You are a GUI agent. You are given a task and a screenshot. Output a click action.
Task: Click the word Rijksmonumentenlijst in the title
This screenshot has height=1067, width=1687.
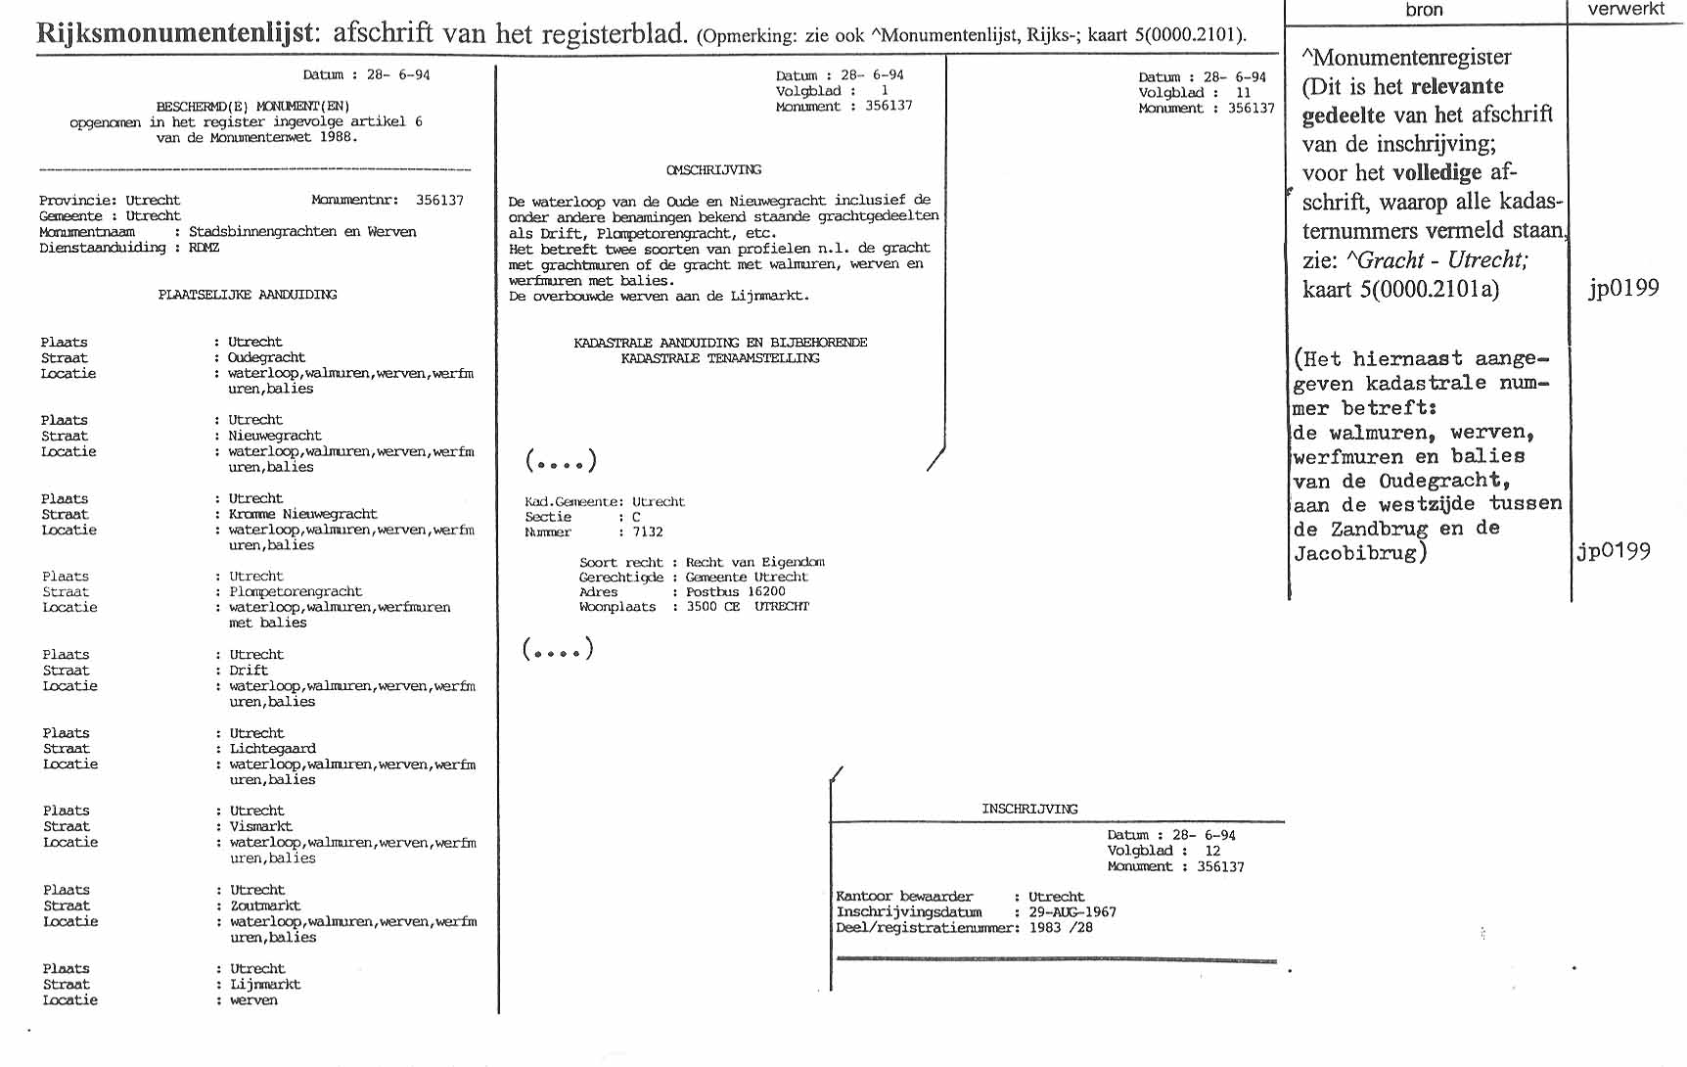(176, 33)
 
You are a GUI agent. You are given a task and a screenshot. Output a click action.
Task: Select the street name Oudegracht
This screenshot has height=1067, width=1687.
(266, 357)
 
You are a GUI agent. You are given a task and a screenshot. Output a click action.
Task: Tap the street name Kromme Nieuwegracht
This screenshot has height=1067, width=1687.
(302, 514)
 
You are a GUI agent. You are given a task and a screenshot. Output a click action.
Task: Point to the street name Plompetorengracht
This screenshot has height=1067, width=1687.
(296, 591)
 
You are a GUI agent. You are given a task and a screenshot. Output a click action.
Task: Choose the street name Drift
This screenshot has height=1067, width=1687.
(249, 671)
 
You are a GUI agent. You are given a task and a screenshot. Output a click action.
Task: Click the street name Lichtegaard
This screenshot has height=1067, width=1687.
(272, 749)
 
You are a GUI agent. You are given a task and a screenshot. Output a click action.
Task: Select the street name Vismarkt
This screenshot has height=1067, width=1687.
(260, 826)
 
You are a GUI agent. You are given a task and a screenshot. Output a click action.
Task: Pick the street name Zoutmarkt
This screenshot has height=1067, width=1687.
(265, 905)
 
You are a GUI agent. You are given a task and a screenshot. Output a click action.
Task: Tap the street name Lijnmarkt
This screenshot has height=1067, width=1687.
(265, 985)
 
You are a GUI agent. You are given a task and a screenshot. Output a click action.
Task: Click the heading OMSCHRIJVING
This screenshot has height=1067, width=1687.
(713, 169)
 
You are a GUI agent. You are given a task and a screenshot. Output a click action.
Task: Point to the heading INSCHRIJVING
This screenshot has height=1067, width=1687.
(1029, 809)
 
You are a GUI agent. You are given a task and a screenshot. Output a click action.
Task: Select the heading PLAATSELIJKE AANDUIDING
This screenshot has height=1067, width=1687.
(248, 295)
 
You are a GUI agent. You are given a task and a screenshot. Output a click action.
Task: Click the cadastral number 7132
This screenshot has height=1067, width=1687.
(648, 533)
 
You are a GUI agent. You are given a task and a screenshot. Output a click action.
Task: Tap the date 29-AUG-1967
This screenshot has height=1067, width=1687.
(1072, 912)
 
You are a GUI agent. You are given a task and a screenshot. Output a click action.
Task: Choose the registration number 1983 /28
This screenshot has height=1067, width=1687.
(1061, 928)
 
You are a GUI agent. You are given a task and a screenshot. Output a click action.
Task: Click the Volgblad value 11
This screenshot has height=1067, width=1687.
(1243, 93)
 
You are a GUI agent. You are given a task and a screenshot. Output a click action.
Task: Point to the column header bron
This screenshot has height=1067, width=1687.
(1424, 10)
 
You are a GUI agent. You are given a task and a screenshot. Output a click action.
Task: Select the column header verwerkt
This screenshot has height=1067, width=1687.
(1625, 9)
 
